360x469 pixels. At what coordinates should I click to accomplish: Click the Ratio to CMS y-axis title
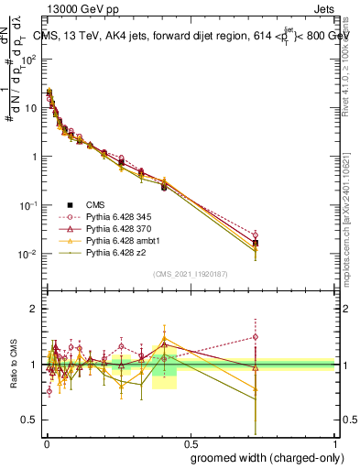pos(13,365)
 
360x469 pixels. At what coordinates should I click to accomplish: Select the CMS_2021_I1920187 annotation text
pos(191,273)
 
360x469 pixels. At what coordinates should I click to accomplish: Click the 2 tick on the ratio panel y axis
pos(36,309)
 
